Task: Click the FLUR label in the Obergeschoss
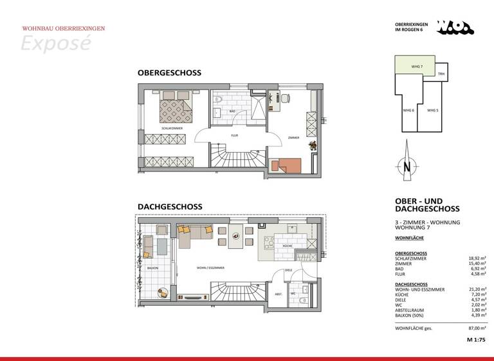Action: (235, 136)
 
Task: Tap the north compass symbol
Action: (407, 166)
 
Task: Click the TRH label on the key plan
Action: (441, 74)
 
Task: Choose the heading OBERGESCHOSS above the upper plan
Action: (169, 73)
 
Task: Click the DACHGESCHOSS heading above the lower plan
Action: (169, 207)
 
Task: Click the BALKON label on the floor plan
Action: (152, 266)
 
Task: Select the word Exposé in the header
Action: (56, 43)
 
